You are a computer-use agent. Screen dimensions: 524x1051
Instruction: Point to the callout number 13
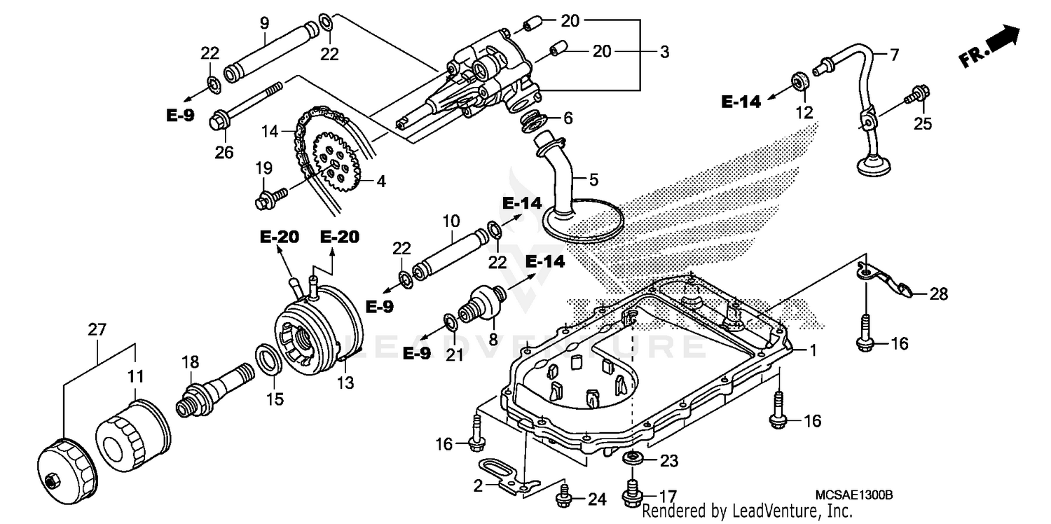point(345,383)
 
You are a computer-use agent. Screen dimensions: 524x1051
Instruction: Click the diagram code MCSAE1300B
point(853,495)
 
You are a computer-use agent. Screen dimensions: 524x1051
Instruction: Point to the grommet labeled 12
point(799,81)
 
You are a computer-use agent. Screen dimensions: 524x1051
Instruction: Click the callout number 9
point(265,23)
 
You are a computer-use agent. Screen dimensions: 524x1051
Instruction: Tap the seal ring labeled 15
point(268,359)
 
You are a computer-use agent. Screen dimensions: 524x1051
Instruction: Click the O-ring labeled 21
point(450,324)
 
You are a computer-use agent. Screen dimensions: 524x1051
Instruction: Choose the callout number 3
point(664,52)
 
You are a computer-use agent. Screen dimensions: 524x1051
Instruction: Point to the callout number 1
point(813,350)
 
